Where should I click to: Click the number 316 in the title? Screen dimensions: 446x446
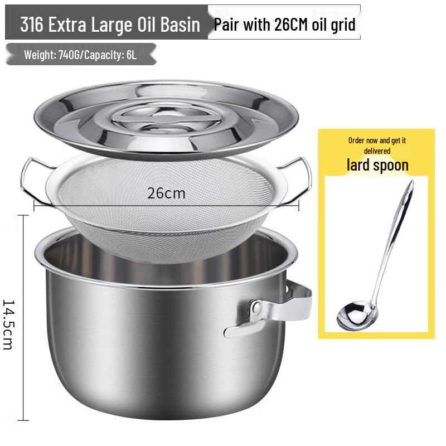[x=32, y=25]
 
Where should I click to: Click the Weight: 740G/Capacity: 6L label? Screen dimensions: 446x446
[x=80, y=55]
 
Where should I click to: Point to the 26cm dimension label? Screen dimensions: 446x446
[x=166, y=193]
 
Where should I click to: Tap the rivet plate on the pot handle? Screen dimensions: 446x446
[x=256, y=307]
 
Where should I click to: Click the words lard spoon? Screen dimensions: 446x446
[x=377, y=165]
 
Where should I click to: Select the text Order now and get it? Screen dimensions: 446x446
[x=377, y=140]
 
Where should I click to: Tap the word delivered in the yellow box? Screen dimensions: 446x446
[x=377, y=151]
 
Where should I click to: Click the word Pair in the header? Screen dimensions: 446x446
[x=226, y=25]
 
